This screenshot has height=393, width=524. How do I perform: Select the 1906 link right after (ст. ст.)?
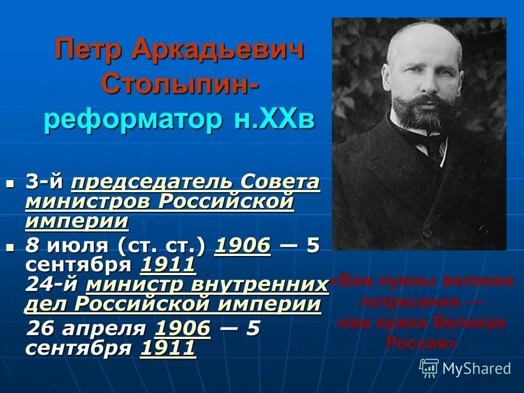coord(243,247)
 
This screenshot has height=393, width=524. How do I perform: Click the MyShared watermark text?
coord(476,368)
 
